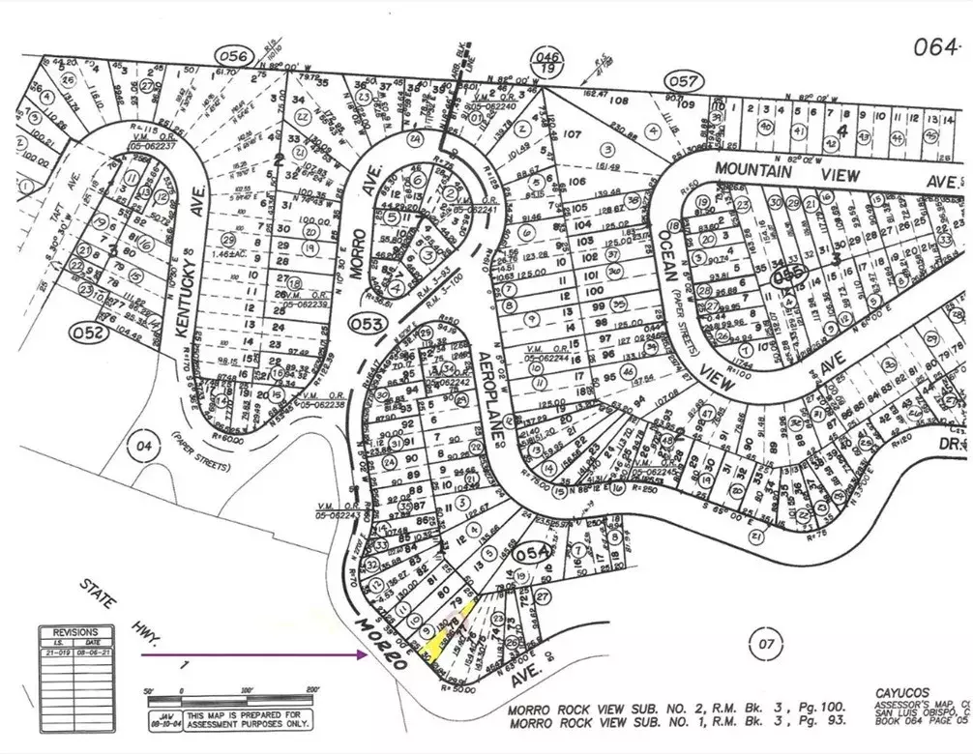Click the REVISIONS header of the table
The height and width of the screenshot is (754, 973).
point(75,631)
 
